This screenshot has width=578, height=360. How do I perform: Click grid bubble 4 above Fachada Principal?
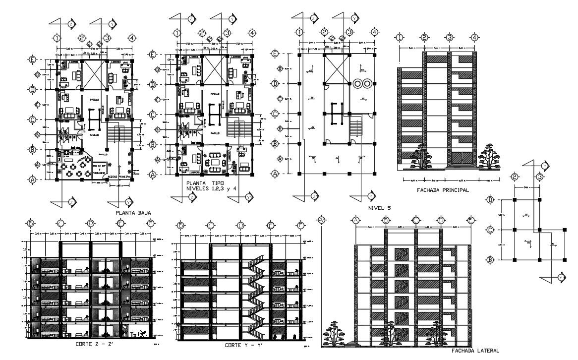click(x=474, y=37)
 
